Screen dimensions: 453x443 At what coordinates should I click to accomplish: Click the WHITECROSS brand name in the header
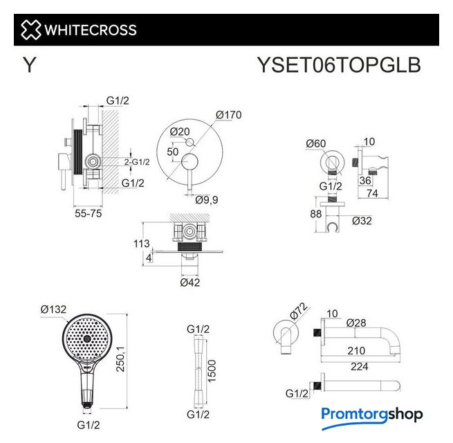click(x=91, y=30)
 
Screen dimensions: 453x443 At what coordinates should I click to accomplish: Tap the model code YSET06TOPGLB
click(x=339, y=65)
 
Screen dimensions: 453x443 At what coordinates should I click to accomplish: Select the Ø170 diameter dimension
click(x=228, y=115)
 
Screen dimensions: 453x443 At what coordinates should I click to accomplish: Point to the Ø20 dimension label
click(x=180, y=132)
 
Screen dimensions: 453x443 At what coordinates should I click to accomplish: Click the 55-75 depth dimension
click(x=88, y=213)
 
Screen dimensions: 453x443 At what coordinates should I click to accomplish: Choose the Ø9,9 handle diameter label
click(x=206, y=199)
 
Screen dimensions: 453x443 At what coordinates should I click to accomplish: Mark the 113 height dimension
click(x=142, y=244)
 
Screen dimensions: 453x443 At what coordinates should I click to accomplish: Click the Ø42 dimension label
click(x=189, y=282)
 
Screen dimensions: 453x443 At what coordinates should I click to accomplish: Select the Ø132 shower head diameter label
click(x=53, y=309)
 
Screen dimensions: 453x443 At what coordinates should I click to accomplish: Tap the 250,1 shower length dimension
click(x=120, y=359)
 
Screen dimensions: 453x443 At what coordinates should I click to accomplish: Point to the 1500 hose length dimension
click(x=212, y=371)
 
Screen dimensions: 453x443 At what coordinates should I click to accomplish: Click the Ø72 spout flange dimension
click(x=298, y=311)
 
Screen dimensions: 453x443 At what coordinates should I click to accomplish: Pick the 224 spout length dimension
click(x=360, y=366)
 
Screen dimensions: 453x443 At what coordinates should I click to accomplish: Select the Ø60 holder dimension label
click(x=316, y=143)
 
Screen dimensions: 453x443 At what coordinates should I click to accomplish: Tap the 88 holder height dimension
click(x=316, y=214)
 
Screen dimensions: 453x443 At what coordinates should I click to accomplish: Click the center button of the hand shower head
click(x=87, y=338)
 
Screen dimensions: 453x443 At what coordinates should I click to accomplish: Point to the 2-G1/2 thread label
click(x=137, y=162)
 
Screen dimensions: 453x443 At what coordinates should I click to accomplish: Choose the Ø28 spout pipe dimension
click(x=356, y=323)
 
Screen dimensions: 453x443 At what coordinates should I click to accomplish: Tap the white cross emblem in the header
click(x=30, y=30)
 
